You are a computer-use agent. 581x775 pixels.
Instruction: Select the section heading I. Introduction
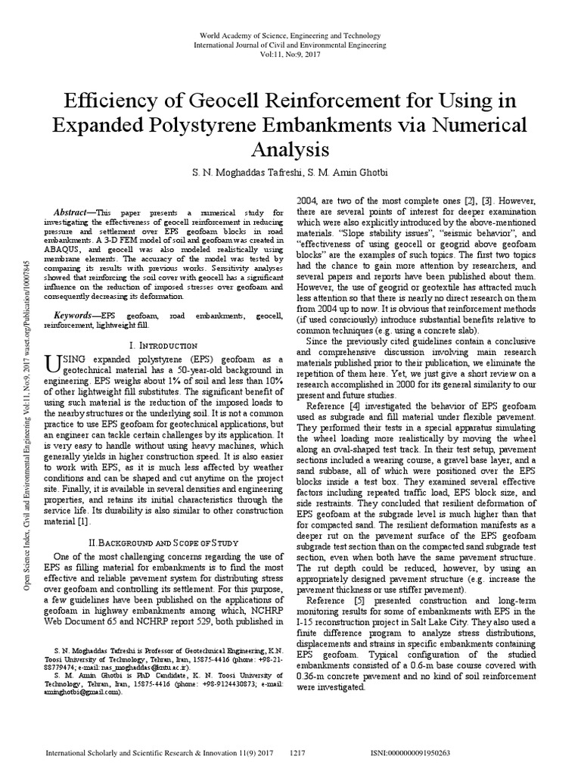coord(165,345)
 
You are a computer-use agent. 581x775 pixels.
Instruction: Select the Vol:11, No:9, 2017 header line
coord(290,55)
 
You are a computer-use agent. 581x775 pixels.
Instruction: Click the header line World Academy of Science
coord(290,36)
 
